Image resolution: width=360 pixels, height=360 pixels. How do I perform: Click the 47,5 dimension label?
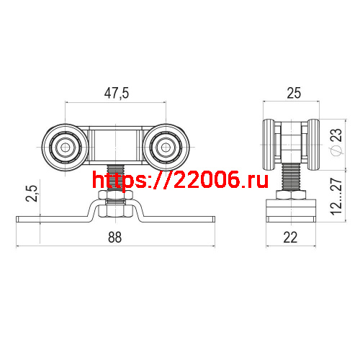pos(115,94)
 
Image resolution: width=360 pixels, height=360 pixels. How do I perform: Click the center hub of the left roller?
pos(66,148)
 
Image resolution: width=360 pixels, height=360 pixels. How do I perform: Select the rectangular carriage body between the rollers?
pos(115,147)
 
